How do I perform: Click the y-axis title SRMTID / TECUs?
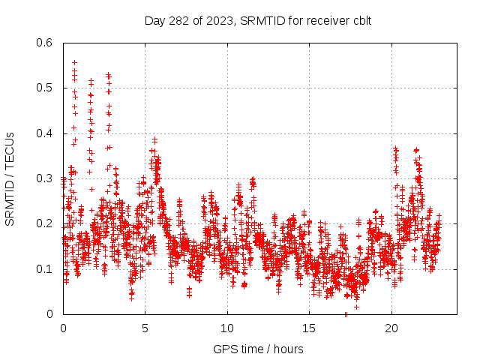10,178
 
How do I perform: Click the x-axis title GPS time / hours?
258,349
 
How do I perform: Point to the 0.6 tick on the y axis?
46,43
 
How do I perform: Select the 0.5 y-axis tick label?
46,88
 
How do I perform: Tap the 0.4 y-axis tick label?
46,133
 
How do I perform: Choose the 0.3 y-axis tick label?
46,178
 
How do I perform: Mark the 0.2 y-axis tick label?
46,223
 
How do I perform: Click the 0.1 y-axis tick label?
46,269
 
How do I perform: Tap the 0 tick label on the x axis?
63,328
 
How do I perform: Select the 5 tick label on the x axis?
145,328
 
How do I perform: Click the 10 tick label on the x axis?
227,328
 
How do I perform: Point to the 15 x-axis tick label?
309,328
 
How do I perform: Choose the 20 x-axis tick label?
391,328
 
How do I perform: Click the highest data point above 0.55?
74,62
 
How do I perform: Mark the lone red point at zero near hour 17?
346,314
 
